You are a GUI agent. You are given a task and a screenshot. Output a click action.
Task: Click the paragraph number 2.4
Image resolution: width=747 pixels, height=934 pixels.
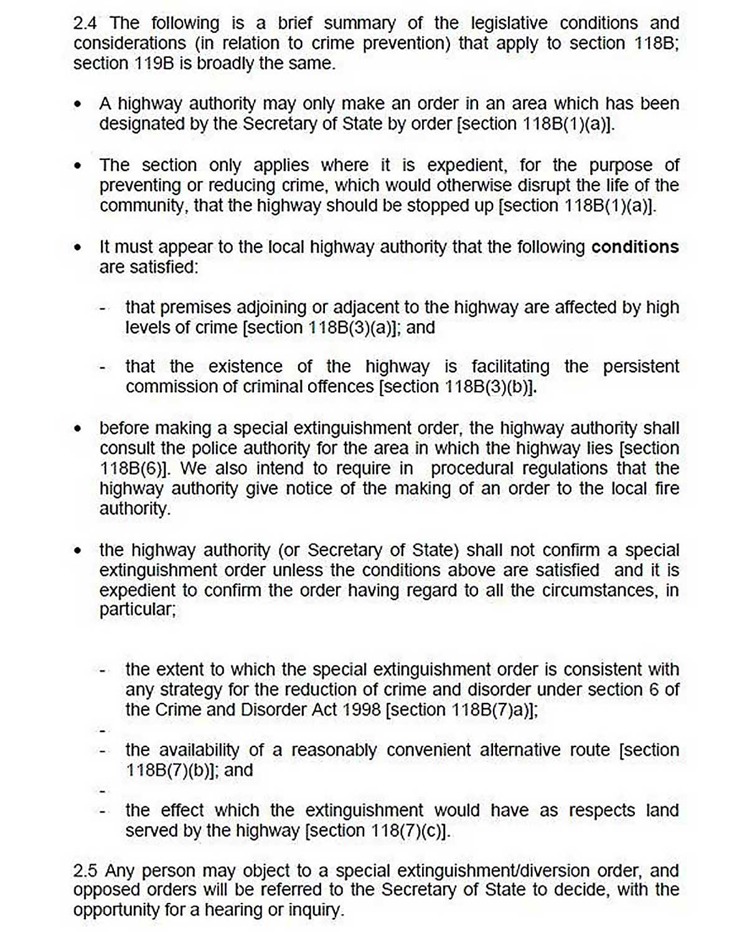point(86,24)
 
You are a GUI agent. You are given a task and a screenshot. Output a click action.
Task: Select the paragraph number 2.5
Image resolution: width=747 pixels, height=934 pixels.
point(86,870)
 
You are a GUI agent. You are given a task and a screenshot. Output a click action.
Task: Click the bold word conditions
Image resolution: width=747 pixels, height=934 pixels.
point(634,247)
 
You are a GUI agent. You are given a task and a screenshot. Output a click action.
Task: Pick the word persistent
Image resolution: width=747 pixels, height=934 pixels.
point(641,366)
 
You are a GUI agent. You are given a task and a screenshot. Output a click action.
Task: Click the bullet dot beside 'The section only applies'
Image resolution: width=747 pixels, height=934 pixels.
point(78,166)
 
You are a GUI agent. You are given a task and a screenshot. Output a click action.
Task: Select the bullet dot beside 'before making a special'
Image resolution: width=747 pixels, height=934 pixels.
point(78,429)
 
